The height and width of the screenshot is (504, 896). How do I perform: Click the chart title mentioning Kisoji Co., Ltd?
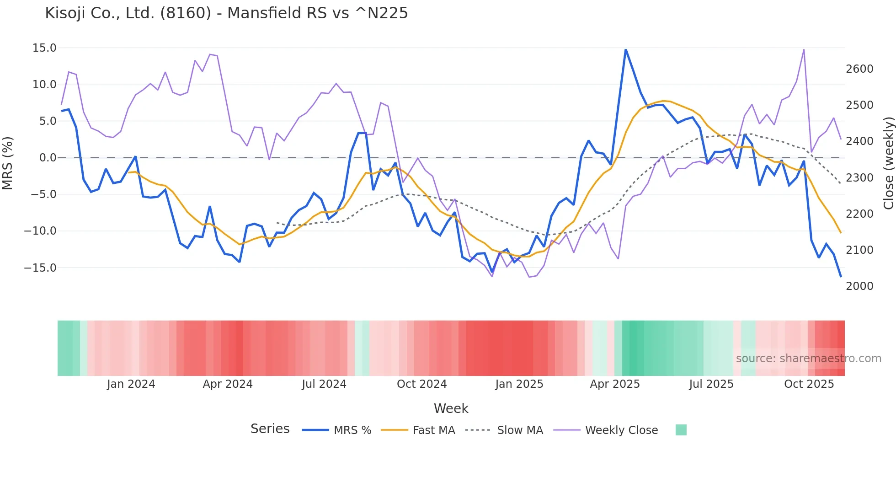226,13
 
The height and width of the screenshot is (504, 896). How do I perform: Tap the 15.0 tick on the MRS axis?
44,48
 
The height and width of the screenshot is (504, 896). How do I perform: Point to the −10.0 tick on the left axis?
41,231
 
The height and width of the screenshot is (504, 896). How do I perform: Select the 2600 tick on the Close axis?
859,69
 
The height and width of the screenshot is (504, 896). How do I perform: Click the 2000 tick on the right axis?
859,286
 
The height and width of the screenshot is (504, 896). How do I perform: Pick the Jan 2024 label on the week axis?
131,384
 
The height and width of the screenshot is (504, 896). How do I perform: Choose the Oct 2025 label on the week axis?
809,384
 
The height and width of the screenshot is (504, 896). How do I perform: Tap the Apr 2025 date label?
614,384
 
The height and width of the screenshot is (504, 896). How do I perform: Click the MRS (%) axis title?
8,163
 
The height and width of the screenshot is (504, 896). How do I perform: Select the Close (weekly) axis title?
888,163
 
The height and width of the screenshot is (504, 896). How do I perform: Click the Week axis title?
451,408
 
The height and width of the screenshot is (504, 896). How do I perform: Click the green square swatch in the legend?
681,430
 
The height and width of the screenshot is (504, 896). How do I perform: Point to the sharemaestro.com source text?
808,359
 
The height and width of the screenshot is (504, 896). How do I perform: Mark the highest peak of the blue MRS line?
625,49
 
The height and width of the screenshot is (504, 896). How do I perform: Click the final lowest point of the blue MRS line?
840,276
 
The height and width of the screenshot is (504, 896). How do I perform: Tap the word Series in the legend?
270,429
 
